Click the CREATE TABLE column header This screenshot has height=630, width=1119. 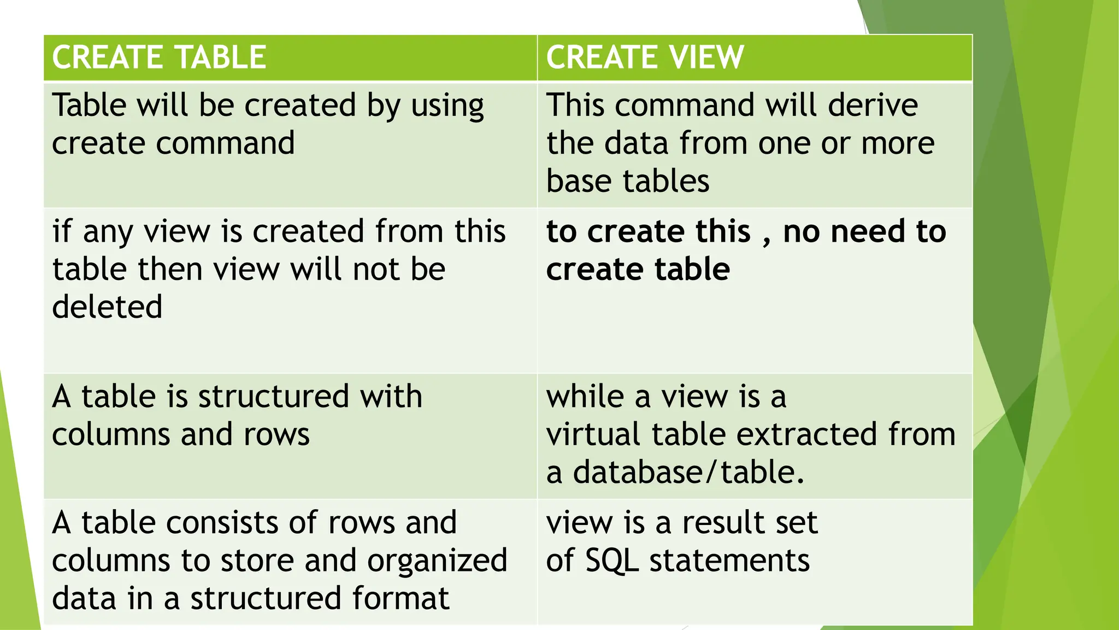point(159,57)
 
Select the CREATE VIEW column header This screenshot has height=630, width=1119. point(645,57)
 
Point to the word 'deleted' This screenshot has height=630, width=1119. point(107,306)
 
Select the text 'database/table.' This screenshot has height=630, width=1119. point(688,472)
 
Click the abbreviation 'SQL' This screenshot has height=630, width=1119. point(611,561)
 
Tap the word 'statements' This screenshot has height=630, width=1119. point(729,561)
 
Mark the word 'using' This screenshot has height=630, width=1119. point(447,106)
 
